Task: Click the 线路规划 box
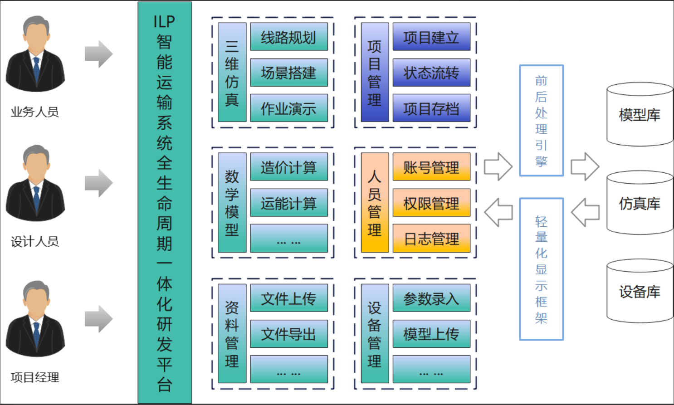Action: coord(288,37)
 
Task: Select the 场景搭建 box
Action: coord(288,73)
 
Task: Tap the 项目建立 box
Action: coord(431,37)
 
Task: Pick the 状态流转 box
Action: coord(431,73)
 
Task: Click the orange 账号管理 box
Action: coord(431,167)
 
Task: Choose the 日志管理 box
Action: coord(431,239)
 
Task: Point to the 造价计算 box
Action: coord(288,167)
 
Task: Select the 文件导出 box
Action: coord(288,334)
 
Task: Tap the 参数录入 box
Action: coord(431,298)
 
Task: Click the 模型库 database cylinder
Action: coord(640,115)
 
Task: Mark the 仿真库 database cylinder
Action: coord(640,203)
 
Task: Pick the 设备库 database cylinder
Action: coord(640,291)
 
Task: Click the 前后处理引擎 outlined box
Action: coord(541,121)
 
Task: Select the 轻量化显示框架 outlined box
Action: coord(541,269)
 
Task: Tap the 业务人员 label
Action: coord(35,112)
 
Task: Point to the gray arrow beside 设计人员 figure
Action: coord(98,183)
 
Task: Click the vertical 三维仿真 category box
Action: coord(232,73)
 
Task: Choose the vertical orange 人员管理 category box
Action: coord(374,203)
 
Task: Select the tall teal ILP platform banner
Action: coord(165,203)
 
